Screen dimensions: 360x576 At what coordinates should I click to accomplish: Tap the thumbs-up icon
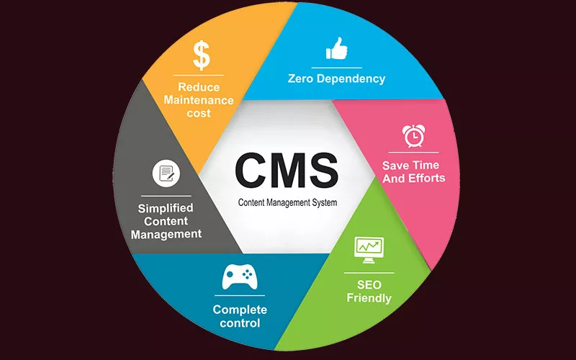tap(336, 48)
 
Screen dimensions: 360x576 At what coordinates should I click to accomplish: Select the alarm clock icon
tap(413, 136)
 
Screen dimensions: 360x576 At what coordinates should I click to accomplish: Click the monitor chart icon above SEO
tap(369, 248)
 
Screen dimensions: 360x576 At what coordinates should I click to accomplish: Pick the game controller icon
tap(239, 277)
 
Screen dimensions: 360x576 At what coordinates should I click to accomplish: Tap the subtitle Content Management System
tap(287, 203)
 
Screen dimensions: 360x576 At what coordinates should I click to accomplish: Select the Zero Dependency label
tap(337, 78)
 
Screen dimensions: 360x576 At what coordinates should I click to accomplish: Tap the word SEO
tap(369, 284)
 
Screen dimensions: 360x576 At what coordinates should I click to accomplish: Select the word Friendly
tap(369, 297)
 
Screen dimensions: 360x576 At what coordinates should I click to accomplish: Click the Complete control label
tap(240, 316)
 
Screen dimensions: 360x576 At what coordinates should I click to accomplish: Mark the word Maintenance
tap(198, 101)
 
